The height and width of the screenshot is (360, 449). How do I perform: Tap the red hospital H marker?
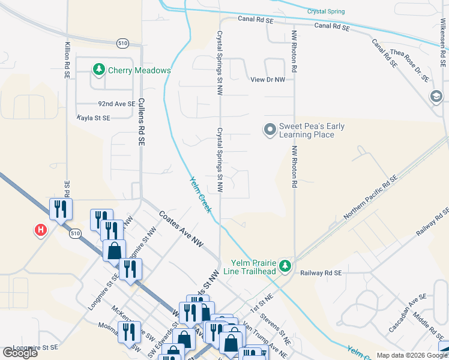(41, 230)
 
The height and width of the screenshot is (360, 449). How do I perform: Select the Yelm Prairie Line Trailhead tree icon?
(287, 265)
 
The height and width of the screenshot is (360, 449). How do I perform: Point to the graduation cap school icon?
(436, 97)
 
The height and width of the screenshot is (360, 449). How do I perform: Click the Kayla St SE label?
(94, 118)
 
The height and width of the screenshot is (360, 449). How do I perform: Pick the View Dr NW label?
(268, 79)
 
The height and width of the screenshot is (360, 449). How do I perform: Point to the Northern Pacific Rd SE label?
(370, 197)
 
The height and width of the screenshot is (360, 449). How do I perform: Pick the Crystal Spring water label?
(327, 11)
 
